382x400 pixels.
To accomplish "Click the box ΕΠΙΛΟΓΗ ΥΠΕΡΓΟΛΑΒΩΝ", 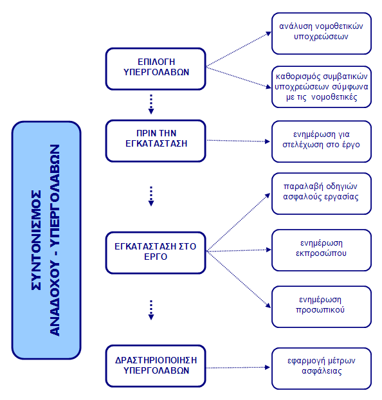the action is click(156, 69).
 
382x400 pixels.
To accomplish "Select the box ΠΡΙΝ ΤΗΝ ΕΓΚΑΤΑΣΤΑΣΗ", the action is click(156, 141).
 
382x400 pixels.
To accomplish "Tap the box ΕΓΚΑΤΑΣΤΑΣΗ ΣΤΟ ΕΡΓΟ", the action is click(156, 253).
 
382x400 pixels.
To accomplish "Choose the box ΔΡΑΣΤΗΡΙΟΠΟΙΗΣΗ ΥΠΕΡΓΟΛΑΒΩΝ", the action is click(156, 366).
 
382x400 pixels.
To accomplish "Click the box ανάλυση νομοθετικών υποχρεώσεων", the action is click(322, 33).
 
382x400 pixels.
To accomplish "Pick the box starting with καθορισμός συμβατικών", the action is click(322, 87).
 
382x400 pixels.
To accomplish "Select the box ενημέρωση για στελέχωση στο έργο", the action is click(322, 141).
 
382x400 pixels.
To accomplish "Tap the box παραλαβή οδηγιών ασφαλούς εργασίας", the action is click(322, 194).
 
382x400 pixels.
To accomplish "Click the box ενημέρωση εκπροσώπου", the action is click(322, 250).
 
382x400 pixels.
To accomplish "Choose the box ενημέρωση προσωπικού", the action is click(322, 307).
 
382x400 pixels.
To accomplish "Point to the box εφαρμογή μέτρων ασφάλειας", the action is click(322, 368).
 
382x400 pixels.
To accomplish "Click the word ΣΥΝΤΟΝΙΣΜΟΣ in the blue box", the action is click(36, 240).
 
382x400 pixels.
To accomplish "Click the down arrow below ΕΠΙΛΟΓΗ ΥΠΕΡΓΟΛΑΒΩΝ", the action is click(151, 104).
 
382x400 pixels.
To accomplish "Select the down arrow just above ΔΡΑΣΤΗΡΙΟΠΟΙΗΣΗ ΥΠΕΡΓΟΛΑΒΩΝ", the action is click(151, 310).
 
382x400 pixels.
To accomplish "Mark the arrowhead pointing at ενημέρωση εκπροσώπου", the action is click(268, 250).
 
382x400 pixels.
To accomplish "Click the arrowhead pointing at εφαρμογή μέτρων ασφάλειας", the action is click(268, 367).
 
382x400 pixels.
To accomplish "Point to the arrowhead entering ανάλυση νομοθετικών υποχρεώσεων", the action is click(268, 33).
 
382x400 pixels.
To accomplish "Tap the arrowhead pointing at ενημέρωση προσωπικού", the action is click(268, 305).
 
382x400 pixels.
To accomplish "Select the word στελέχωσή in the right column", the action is click(302, 145).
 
